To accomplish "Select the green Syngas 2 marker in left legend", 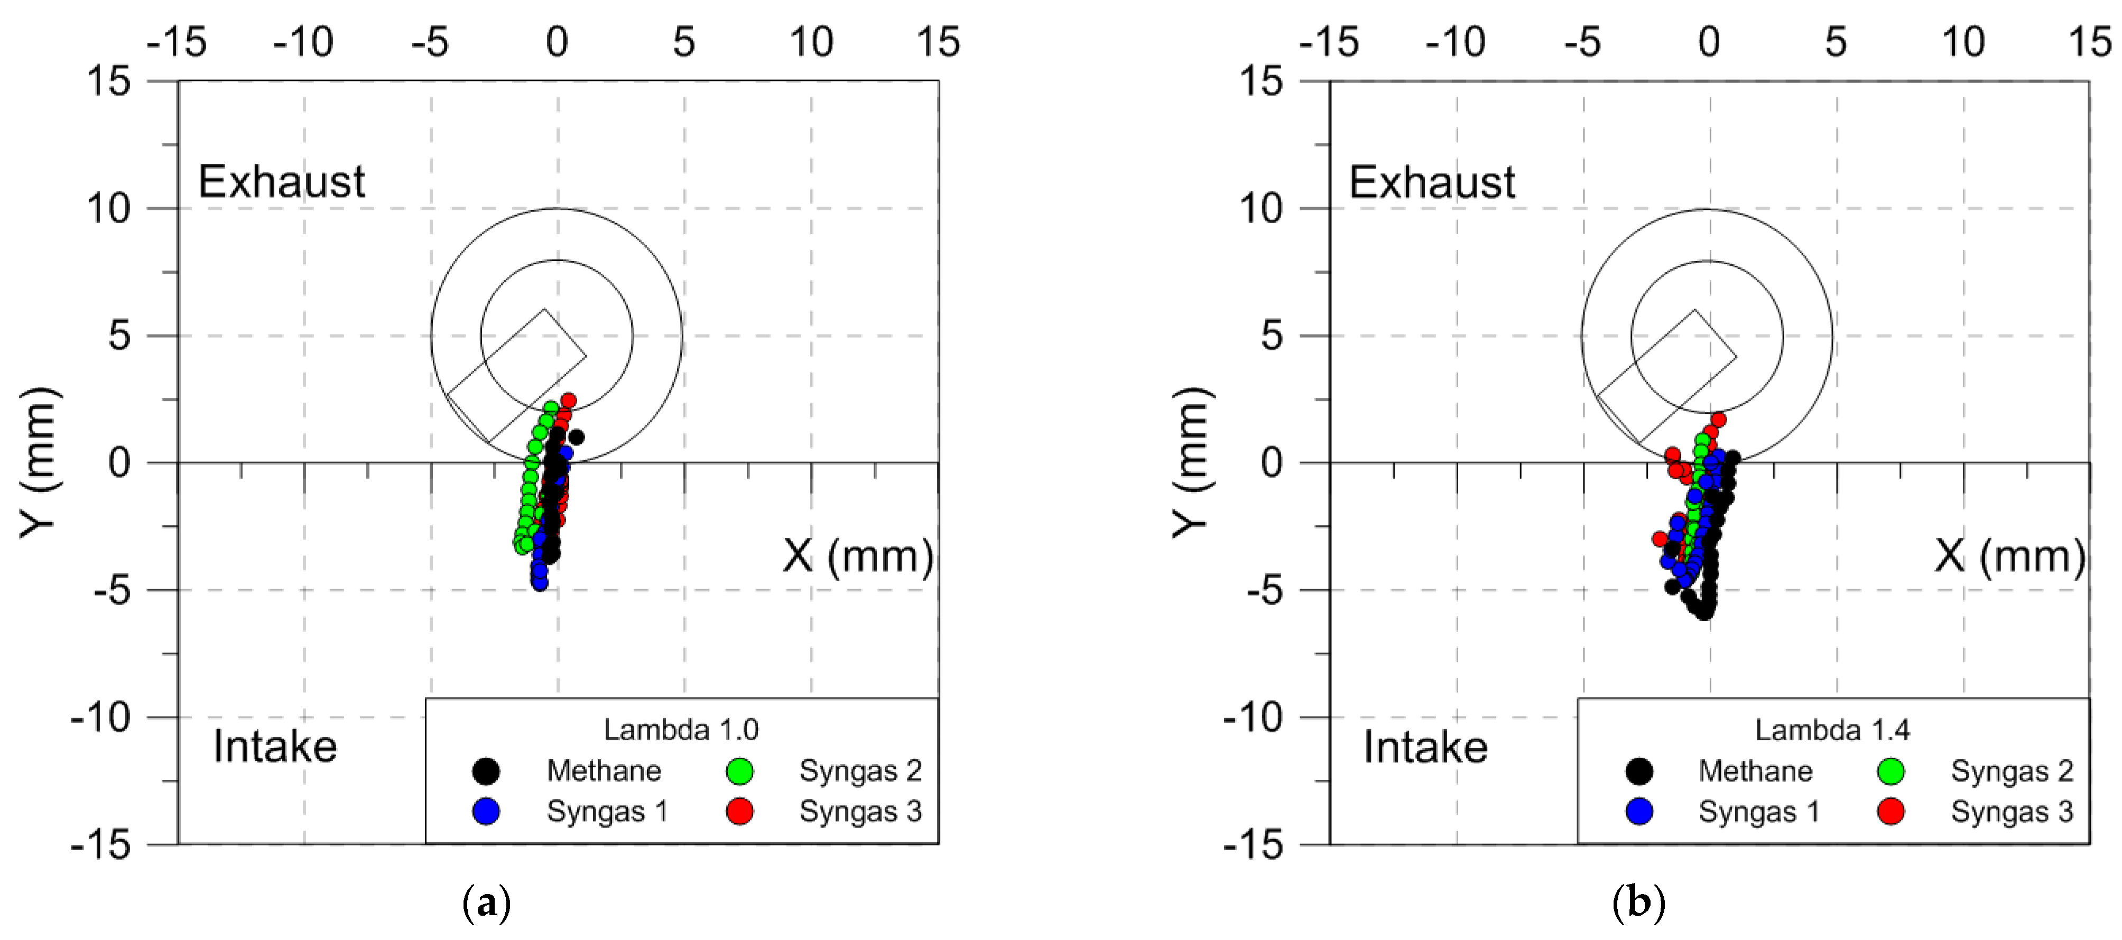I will (x=740, y=771).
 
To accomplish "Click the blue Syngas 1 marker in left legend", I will (x=486, y=812).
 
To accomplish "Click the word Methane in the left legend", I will (x=604, y=771).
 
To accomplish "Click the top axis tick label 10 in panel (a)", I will (x=811, y=41).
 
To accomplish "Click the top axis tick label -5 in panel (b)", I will (x=1582, y=41).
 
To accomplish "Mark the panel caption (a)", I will (x=487, y=904).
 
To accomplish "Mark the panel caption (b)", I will (x=1638, y=904).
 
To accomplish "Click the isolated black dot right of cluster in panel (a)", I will (x=577, y=436).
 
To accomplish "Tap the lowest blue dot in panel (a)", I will (x=540, y=583).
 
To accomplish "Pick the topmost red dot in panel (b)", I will (x=1718, y=420).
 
